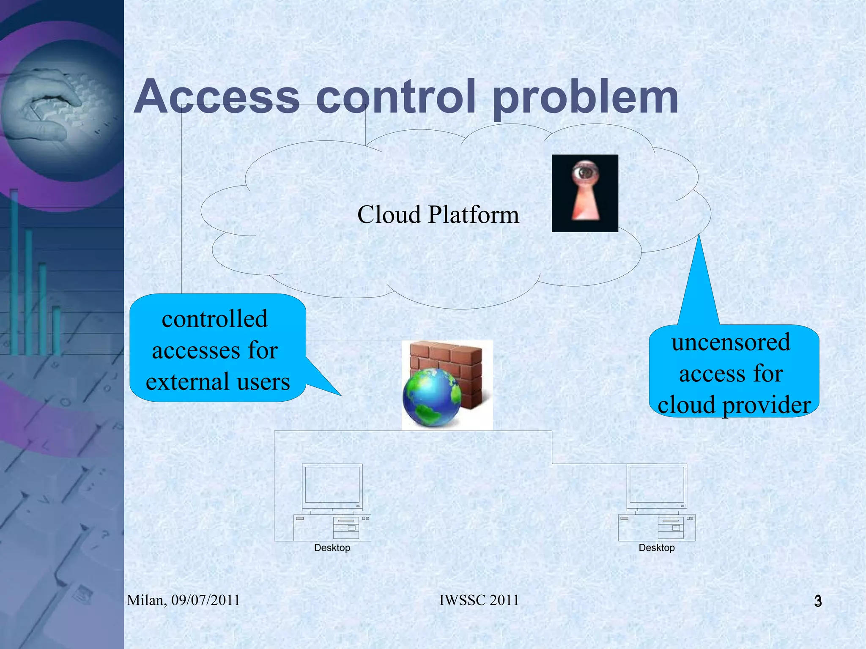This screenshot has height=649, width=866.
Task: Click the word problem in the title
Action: point(585,98)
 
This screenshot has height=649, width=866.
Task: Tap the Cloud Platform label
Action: point(438,214)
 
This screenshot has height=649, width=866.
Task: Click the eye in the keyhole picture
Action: point(585,173)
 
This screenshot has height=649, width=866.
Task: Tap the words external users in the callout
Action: point(218,381)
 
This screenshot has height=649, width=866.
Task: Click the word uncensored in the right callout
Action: point(731,342)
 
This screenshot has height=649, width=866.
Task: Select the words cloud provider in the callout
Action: point(734,405)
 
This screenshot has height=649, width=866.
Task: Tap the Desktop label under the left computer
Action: point(332,548)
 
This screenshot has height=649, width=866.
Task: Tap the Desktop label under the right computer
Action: point(657,548)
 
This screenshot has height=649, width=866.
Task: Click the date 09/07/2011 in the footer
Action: point(206,600)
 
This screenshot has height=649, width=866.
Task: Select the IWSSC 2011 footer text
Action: point(479,600)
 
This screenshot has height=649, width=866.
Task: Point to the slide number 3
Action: point(818,601)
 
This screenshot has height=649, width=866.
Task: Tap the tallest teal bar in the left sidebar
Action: point(14,271)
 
